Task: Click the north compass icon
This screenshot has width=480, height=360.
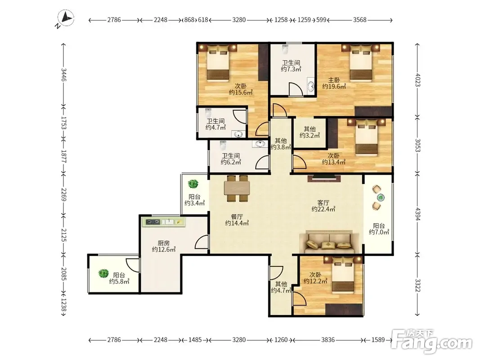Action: tap(65, 19)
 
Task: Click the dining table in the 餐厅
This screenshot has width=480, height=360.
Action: tap(237, 188)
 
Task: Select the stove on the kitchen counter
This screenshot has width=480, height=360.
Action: tap(153, 222)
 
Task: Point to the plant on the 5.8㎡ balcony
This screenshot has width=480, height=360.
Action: tap(103, 273)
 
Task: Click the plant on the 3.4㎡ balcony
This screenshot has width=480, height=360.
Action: tap(193, 184)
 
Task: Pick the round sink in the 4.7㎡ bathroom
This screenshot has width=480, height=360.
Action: tap(238, 134)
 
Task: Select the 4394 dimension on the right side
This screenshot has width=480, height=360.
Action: tap(417, 214)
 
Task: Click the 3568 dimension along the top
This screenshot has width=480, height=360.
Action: tap(360, 20)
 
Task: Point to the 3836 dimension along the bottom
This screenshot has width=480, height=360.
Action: tap(328, 340)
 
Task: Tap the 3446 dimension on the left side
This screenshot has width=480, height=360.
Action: tap(63, 74)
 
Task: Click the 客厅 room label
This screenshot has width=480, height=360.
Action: tap(323, 202)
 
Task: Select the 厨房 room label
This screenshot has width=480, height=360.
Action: tap(163, 243)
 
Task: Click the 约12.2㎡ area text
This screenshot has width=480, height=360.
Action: tap(315, 281)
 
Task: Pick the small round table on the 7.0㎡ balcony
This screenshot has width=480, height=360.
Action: tap(381, 198)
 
